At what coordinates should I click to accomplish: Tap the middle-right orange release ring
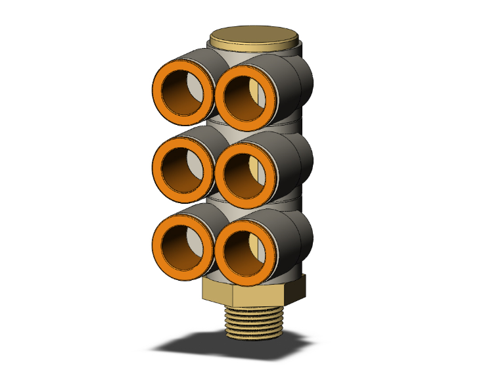click(x=220, y=173)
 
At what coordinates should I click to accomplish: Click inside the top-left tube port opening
click(x=184, y=91)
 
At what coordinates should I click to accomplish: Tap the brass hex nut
click(x=252, y=293)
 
